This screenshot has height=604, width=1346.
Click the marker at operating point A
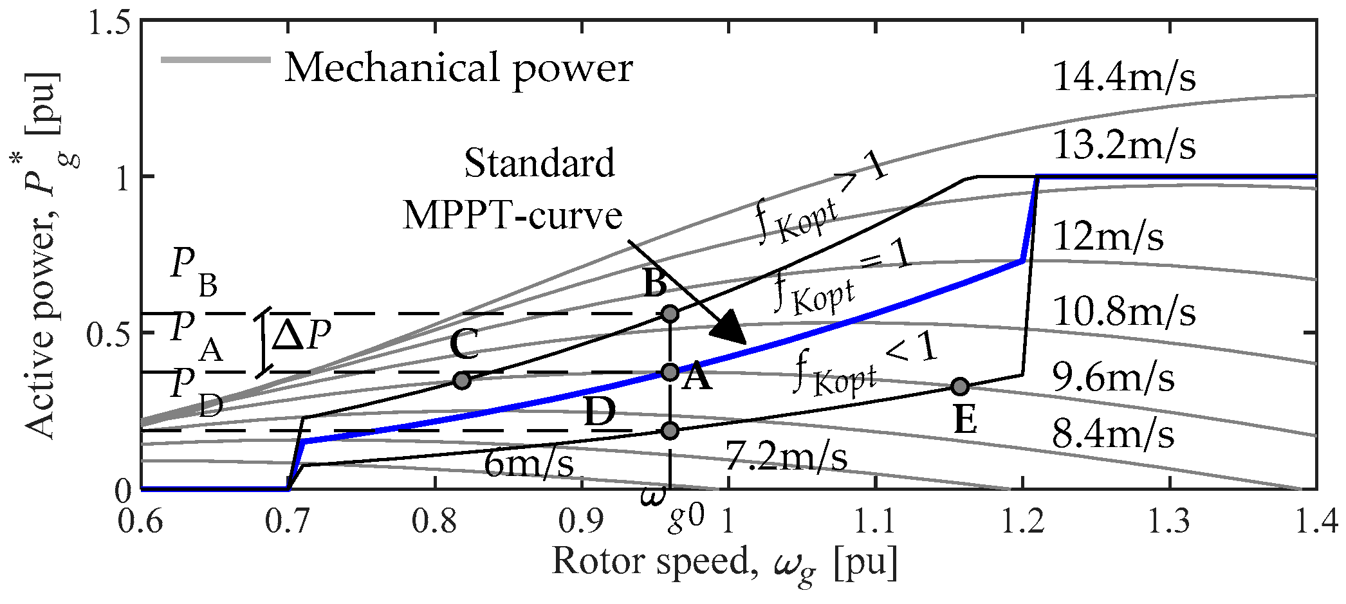point(670,372)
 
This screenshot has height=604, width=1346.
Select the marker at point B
point(670,314)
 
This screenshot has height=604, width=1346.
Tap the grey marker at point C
point(462,380)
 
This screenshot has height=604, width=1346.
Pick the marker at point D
point(670,430)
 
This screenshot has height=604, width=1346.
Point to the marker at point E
point(960,387)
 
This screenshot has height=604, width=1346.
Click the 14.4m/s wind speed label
point(1124,77)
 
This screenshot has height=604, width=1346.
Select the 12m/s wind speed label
point(1108,237)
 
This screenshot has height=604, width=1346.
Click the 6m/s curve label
point(528,463)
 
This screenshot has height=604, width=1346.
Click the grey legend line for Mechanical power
point(216,60)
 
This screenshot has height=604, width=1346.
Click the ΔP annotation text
point(301,335)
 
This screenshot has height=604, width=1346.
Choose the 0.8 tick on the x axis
point(435,522)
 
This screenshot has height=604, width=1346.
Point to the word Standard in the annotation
point(539,163)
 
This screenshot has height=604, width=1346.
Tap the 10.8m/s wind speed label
point(1124,313)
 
